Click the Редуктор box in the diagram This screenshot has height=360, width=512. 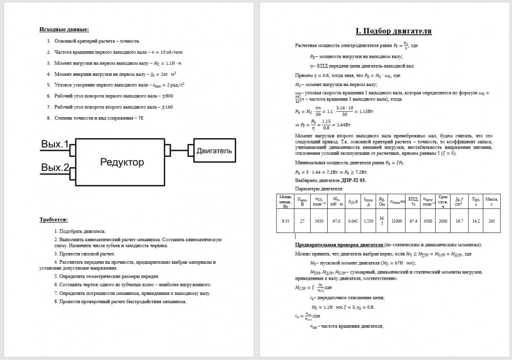point(121,162)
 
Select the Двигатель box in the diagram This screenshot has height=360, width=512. point(214,151)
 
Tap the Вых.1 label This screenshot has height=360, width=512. point(54,144)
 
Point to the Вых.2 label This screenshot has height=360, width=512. point(54,167)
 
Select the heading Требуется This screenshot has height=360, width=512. point(53,220)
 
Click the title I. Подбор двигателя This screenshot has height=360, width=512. point(394,31)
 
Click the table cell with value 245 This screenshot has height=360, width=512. point(492,221)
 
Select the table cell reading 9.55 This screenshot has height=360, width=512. point(286,221)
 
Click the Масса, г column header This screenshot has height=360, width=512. point(492,200)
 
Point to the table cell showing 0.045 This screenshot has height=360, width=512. point(352,221)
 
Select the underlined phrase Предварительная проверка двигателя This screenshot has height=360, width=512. point(339,245)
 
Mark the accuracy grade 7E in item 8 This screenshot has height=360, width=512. point(140,118)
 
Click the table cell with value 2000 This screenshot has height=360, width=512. point(443,221)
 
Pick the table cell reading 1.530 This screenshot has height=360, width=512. point(368,221)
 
